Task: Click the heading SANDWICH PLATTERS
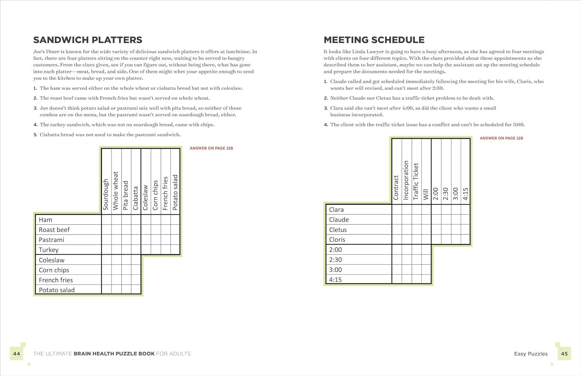tap(88, 40)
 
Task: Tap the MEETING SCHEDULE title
tap(374, 40)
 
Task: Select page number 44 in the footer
tap(17, 354)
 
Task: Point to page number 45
tap(564, 354)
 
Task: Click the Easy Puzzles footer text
tap(531, 354)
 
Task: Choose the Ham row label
tap(46, 220)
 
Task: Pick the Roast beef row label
tap(54, 230)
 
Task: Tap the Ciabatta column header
tap(136, 198)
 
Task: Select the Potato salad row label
tap(57, 290)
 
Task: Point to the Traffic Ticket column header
tap(416, 181)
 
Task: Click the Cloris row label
tap(337, 240)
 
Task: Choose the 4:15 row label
tap(335, 280)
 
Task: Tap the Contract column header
tap(396, 188)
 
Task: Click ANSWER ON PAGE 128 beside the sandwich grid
tap(211, 148)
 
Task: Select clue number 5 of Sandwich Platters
tap(35, 135)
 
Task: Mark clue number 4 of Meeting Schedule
tap(326, 125)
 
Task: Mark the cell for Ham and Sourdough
tap(107, 220)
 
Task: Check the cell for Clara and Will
tap(426, 210)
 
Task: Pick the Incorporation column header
tap(406, 180)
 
